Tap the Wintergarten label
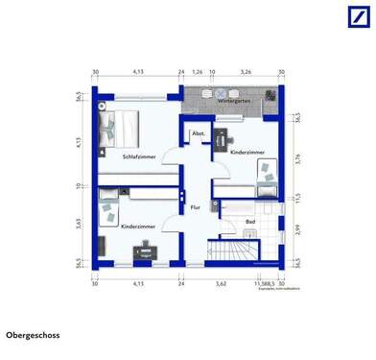point(234,100)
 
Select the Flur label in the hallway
point(195,207)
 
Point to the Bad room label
point(249,222)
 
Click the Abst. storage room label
point(200,133)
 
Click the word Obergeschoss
point(31,335)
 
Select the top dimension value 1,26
point(197,71)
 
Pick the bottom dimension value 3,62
point(220,284)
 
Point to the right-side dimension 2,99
point(297,228)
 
